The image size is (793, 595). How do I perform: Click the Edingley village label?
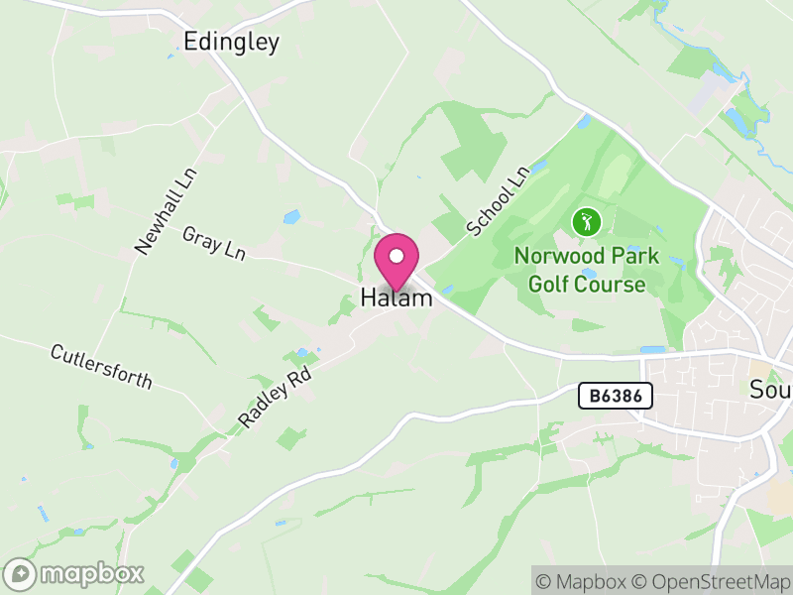(231, 41)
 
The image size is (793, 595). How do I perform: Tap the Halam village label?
(396, 297)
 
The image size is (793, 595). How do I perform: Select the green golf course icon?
(586, 221)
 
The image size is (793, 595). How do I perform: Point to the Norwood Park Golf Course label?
(586, 270)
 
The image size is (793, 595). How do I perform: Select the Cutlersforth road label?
(102, 367)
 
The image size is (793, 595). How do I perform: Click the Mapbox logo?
(74, 573)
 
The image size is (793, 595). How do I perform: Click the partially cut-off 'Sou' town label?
(770, 388)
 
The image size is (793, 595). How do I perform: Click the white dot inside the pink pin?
(396, 255)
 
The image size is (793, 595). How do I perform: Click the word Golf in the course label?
(549, 285)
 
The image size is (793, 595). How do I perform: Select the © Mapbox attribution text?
(582, 581)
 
